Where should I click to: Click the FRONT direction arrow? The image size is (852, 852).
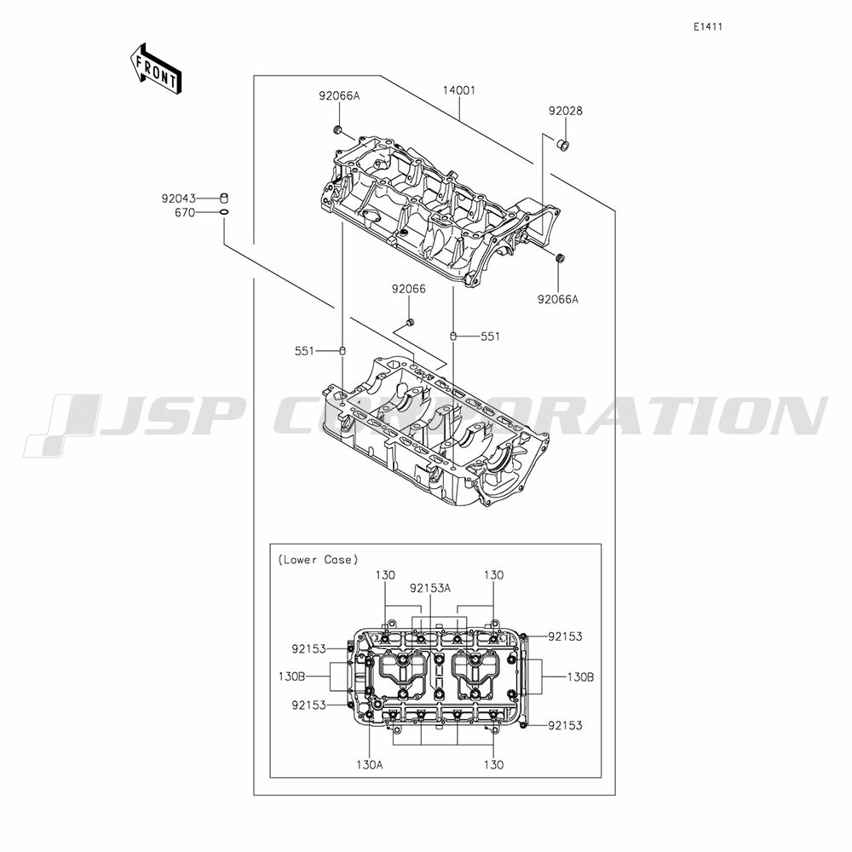155,69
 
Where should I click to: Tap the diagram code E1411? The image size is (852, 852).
707,27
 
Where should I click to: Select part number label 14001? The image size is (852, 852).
458,90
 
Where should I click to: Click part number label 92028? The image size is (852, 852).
565,111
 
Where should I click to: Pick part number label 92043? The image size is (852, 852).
178,199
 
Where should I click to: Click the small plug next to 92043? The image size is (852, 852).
224,198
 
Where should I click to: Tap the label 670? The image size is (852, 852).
185,213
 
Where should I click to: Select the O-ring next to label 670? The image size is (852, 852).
224,212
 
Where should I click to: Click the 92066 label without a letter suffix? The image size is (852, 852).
409,290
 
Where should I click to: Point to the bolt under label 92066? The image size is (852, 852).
410,324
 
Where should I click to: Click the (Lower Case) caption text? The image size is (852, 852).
318,560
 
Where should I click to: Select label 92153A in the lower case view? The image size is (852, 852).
430,588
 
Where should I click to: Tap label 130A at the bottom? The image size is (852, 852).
370,765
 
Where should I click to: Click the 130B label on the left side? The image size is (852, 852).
291,677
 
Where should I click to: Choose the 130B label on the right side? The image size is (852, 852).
580,677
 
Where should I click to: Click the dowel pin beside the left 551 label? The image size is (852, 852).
343,351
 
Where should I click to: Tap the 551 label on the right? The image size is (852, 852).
490,337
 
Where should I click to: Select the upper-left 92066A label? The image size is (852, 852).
339,96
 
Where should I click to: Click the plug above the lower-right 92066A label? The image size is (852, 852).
559,257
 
